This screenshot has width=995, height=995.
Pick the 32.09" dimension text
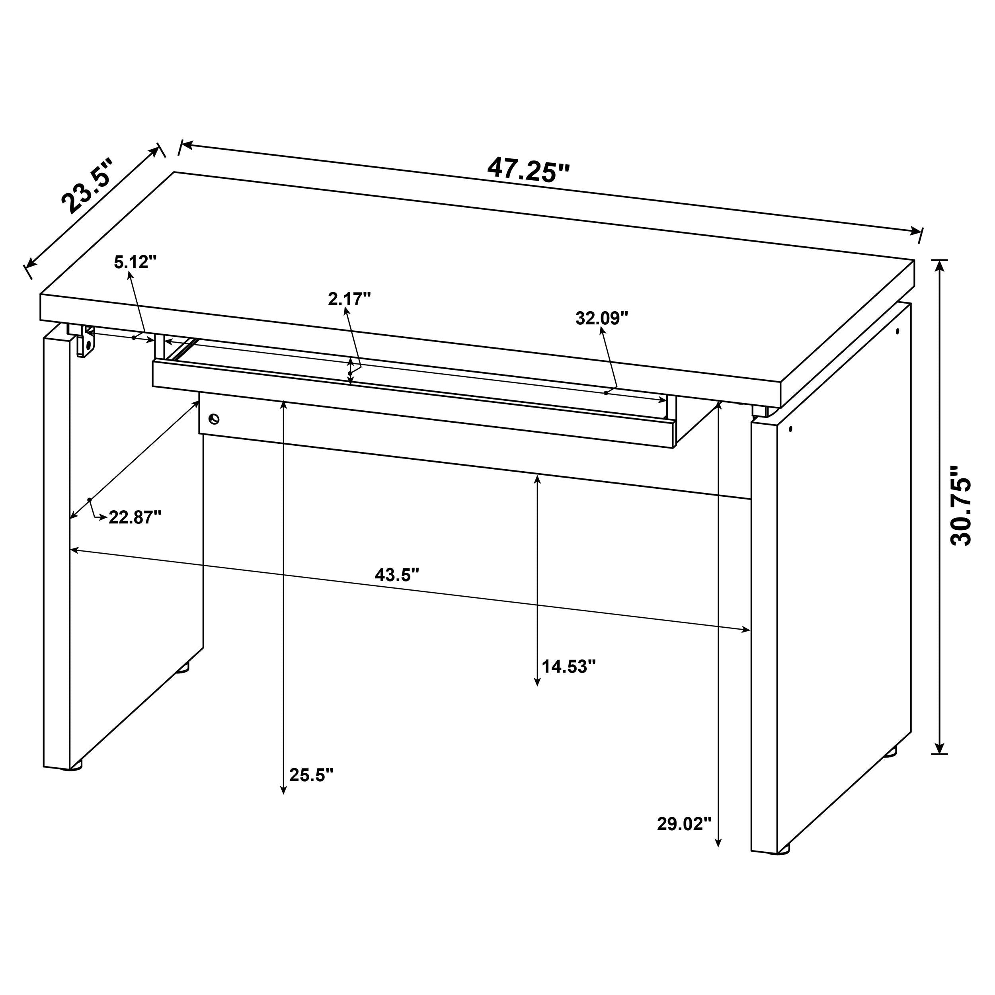[602, 318]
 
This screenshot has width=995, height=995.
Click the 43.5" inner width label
[396, 575]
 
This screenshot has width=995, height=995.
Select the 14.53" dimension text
[569, 667]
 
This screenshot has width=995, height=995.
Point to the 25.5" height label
[311, 789]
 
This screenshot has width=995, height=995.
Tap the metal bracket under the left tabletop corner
[86, 341]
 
